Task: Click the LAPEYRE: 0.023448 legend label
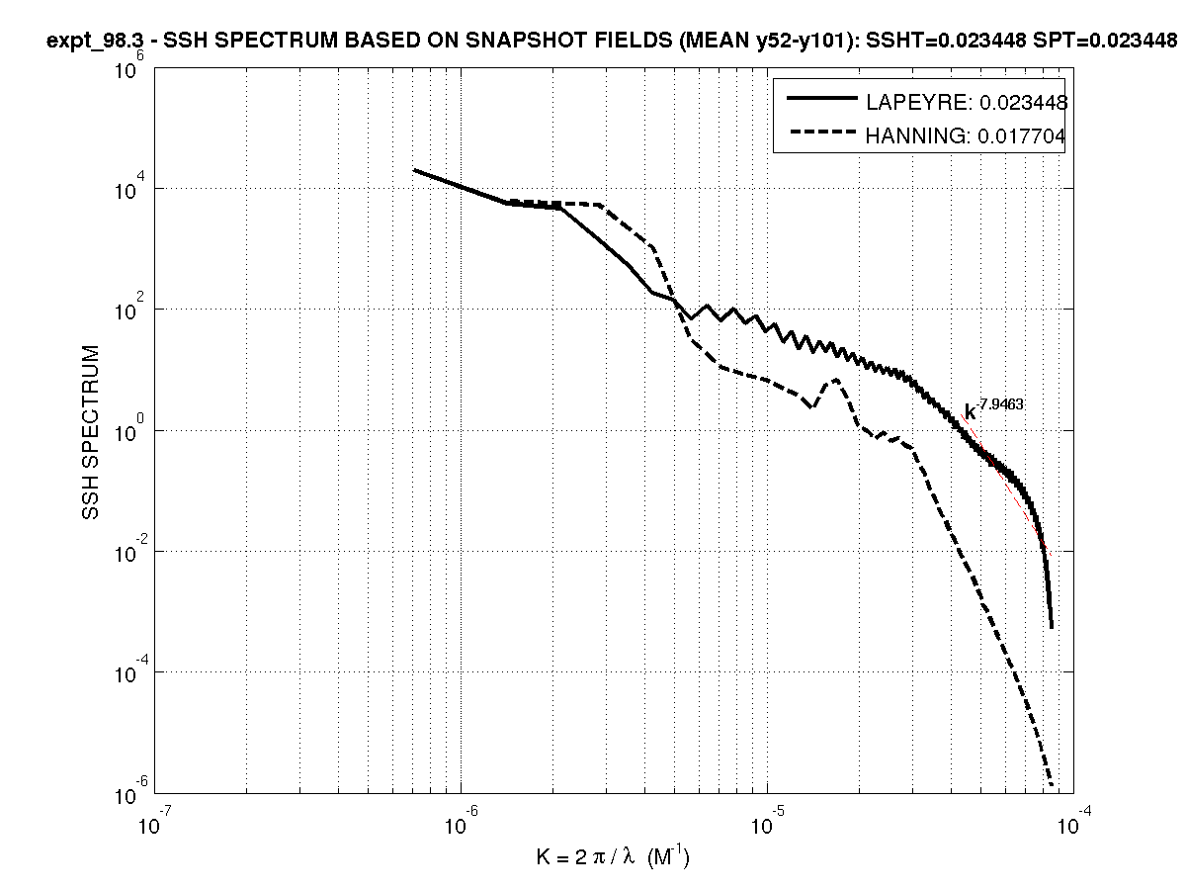coord(966,102)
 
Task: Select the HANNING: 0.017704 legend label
coord(966,137)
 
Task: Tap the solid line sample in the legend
coord(820,99)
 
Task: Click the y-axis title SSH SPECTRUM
coord(91,433)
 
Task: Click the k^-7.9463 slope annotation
coord(992,409)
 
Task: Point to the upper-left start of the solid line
coord(415,170)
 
